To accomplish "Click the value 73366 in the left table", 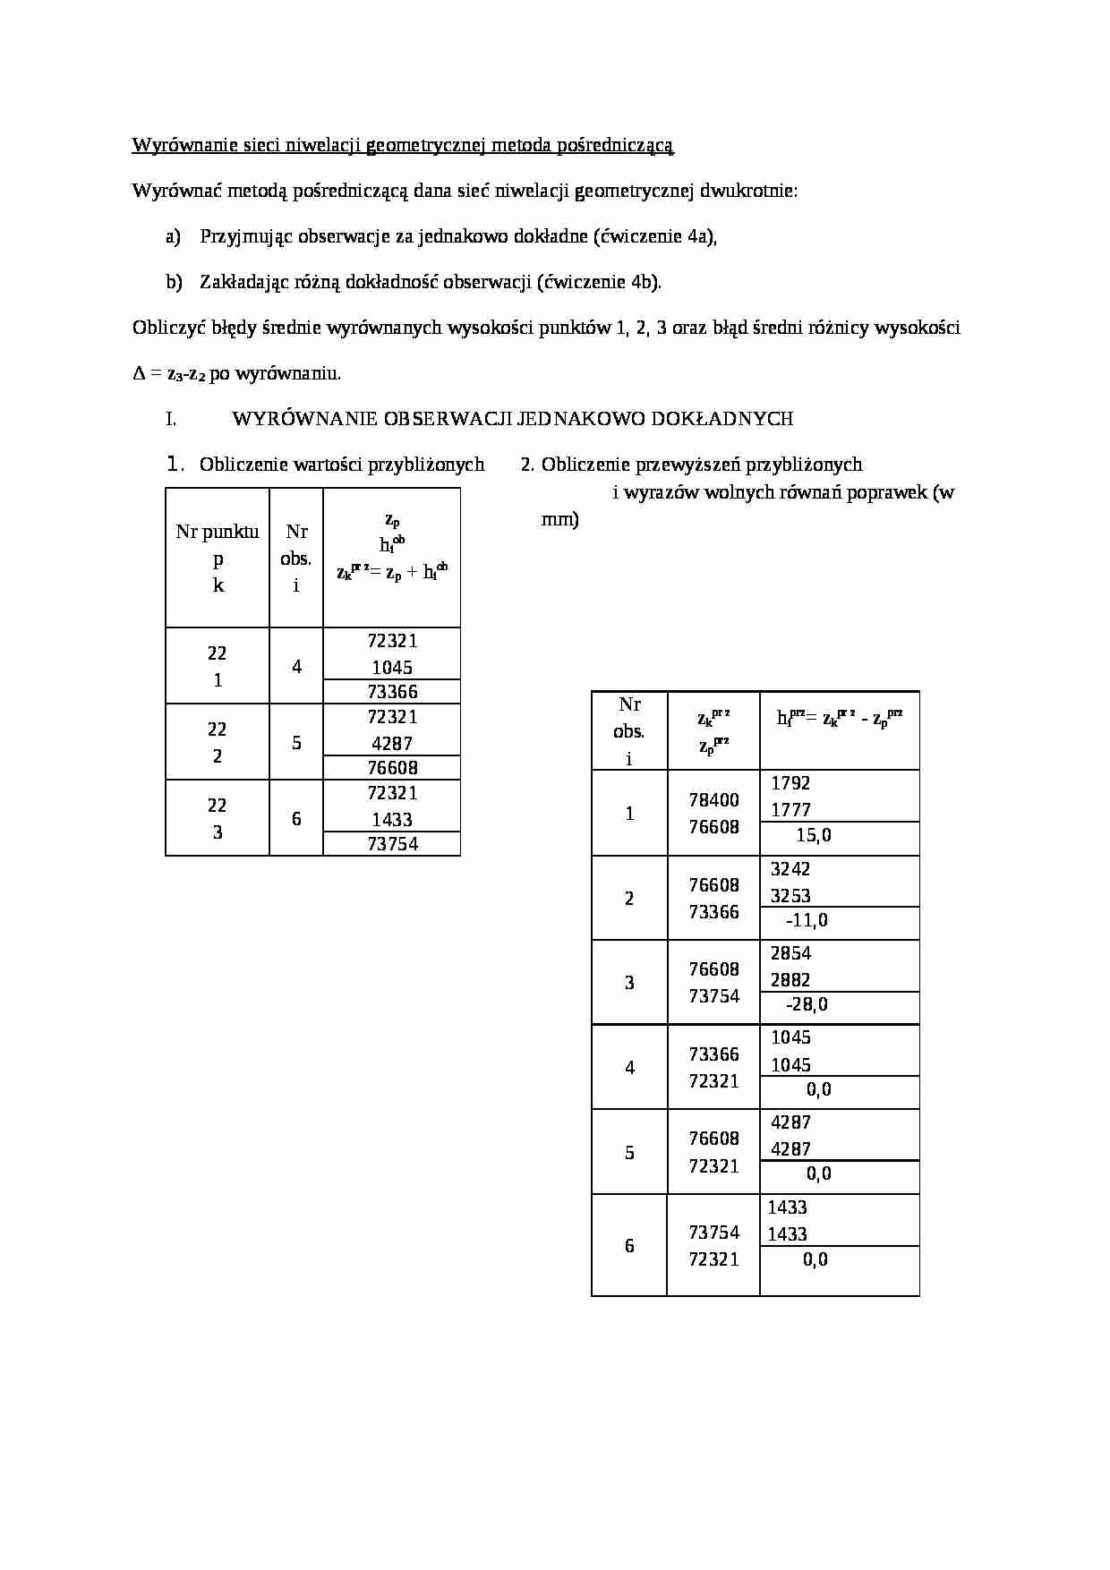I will coord(392,692).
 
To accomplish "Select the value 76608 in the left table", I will coord(392,768).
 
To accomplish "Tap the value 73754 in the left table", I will coord(392,844).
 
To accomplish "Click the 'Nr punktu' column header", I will coord(218,532).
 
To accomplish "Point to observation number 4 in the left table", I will coord(296,667).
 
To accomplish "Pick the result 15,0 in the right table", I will coord(813,835).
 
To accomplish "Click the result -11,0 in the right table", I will coord(807,920).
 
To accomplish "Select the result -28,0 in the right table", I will coord(807,1004).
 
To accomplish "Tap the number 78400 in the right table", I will coord(713,800).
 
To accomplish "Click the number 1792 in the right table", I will coord(790,783).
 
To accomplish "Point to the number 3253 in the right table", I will coord(790,896).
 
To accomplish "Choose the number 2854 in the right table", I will coord(790,953).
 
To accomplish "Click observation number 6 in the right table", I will coord(629,1246).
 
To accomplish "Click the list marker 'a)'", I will coord(174,236).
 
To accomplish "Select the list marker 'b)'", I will coord(174,282).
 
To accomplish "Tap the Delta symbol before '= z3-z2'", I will coord(139,374).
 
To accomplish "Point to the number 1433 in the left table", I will coord(392,820).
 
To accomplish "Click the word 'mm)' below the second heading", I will coord(559,520).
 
